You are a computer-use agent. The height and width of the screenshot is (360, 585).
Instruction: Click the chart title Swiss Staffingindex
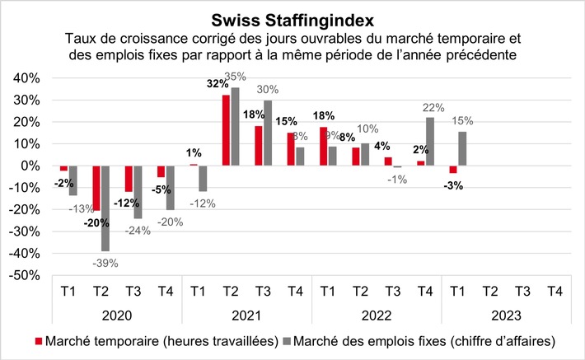[292, 18]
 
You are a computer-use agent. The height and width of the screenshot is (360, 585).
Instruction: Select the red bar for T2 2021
[226, 130]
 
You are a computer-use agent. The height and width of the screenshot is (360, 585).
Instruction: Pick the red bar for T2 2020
[96, 188]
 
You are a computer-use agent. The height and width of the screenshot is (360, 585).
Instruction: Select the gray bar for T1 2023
[463, 149]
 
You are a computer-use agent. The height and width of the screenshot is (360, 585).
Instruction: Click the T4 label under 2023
[555, 292]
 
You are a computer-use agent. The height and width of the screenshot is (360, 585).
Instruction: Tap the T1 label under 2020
[68, 292]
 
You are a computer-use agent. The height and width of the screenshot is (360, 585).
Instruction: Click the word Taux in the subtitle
[81, 38]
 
